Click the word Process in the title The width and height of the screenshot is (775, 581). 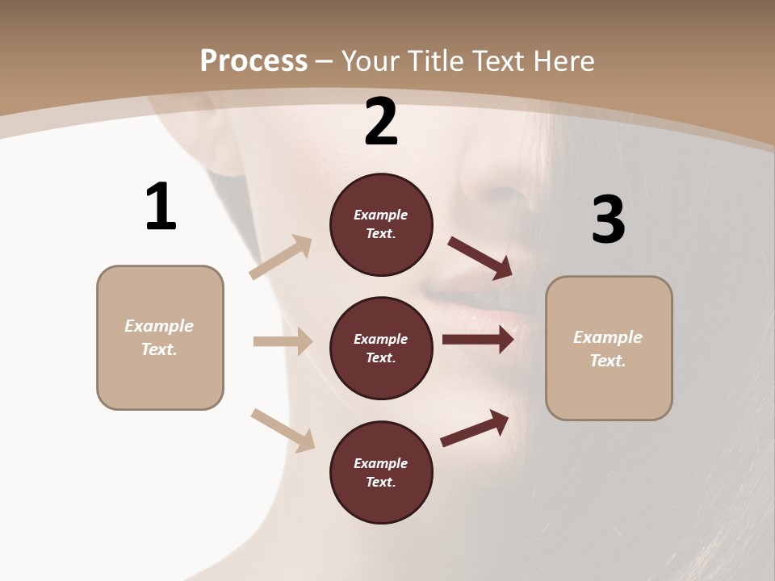tap(253, 61)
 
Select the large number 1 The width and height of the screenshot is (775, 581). tap(160, 207)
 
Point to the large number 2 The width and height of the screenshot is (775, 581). tap(381, 122)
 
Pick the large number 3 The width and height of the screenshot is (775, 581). tap(608, 219)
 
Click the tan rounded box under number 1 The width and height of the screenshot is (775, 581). tap(160, 337)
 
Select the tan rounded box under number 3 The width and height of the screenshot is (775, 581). tap(609, 349)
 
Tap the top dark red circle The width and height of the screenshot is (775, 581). tap(381, 224)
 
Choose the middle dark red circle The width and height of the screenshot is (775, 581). tap(381, 348)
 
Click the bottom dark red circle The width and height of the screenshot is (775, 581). tap(381, 472)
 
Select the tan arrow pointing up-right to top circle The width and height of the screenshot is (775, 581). tap(281, 257)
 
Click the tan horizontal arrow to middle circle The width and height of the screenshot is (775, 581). tap(283, 341)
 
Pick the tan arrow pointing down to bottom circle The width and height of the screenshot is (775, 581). tap(283, 429)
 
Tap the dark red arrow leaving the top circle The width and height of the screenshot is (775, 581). tap(480, 258)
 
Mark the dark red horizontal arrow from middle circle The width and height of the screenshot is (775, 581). tap(478, 339)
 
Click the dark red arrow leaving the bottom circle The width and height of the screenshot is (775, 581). tap(475, 428)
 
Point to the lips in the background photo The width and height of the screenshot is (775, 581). tap(476, 311)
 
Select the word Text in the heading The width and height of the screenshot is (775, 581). tap(497, 61)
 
